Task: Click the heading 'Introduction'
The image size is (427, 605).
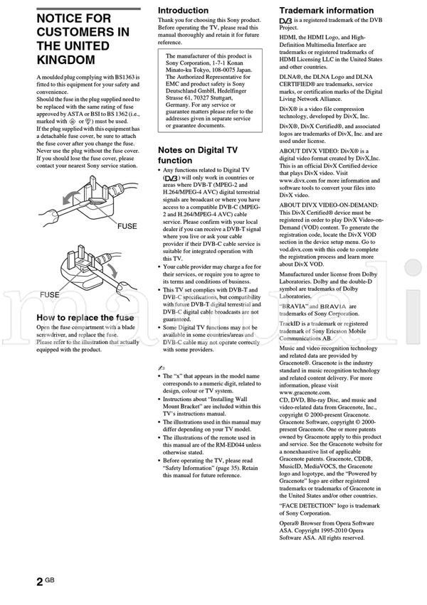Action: (x=183, y=11)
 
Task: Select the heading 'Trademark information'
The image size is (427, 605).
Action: (x=326, y=11)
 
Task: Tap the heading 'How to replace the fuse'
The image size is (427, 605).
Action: (x=85, y=317)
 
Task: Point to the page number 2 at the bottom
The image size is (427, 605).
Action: (x=39, y=582)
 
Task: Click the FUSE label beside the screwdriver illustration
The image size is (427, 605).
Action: (x=128, y=226)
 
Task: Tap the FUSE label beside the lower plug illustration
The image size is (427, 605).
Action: (x=49, y=294)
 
